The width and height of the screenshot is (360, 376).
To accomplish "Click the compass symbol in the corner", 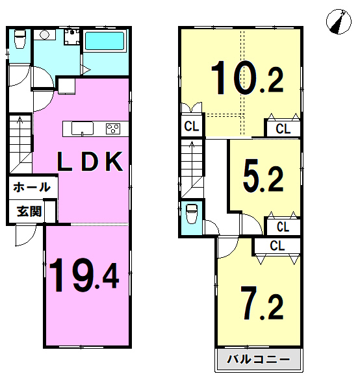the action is pyautogui.click(x=339, y=21).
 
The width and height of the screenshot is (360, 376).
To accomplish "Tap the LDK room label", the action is pyautogui.click(x=90, y=162).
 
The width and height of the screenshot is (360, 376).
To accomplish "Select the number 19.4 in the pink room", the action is pyautogui.click(x=84, y=275).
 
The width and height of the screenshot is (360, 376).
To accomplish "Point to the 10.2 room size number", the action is pyautogui.click(x=247, y=77).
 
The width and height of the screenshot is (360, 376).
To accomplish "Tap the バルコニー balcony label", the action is pyautogui.click(x=259, y=360).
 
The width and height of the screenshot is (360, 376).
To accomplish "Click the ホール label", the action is pyautogui.click(x=32, y=187).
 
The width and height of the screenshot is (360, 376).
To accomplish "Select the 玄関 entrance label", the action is pyautogui.click(x=29, y=212).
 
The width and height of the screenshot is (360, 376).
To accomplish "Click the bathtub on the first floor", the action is pyautogui.click(x=105, y=41).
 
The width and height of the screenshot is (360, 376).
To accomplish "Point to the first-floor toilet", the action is pyautogui.click(x=20, y=38).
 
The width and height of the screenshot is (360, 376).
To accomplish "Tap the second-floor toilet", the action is pyautogui.click(x=192, y=214).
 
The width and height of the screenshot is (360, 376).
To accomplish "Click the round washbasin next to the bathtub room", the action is pyautogui.click(x=44, y=35).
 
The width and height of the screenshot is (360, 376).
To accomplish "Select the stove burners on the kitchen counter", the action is pyautogui.click(x=113, y=129).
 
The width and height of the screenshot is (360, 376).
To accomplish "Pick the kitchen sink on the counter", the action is pyautogui.click(x=83, y=129).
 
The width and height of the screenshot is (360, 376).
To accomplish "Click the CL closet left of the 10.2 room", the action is pyautogui.click(x=192, y=126).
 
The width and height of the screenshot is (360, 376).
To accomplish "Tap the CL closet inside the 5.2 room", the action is pyautogui.click(x=283, y=227).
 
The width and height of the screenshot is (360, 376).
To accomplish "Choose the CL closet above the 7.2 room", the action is pyautogui.click(x=277, y=245).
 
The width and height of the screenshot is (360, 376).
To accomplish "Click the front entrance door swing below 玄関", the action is pyautogui.click(x=26, y=236).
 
